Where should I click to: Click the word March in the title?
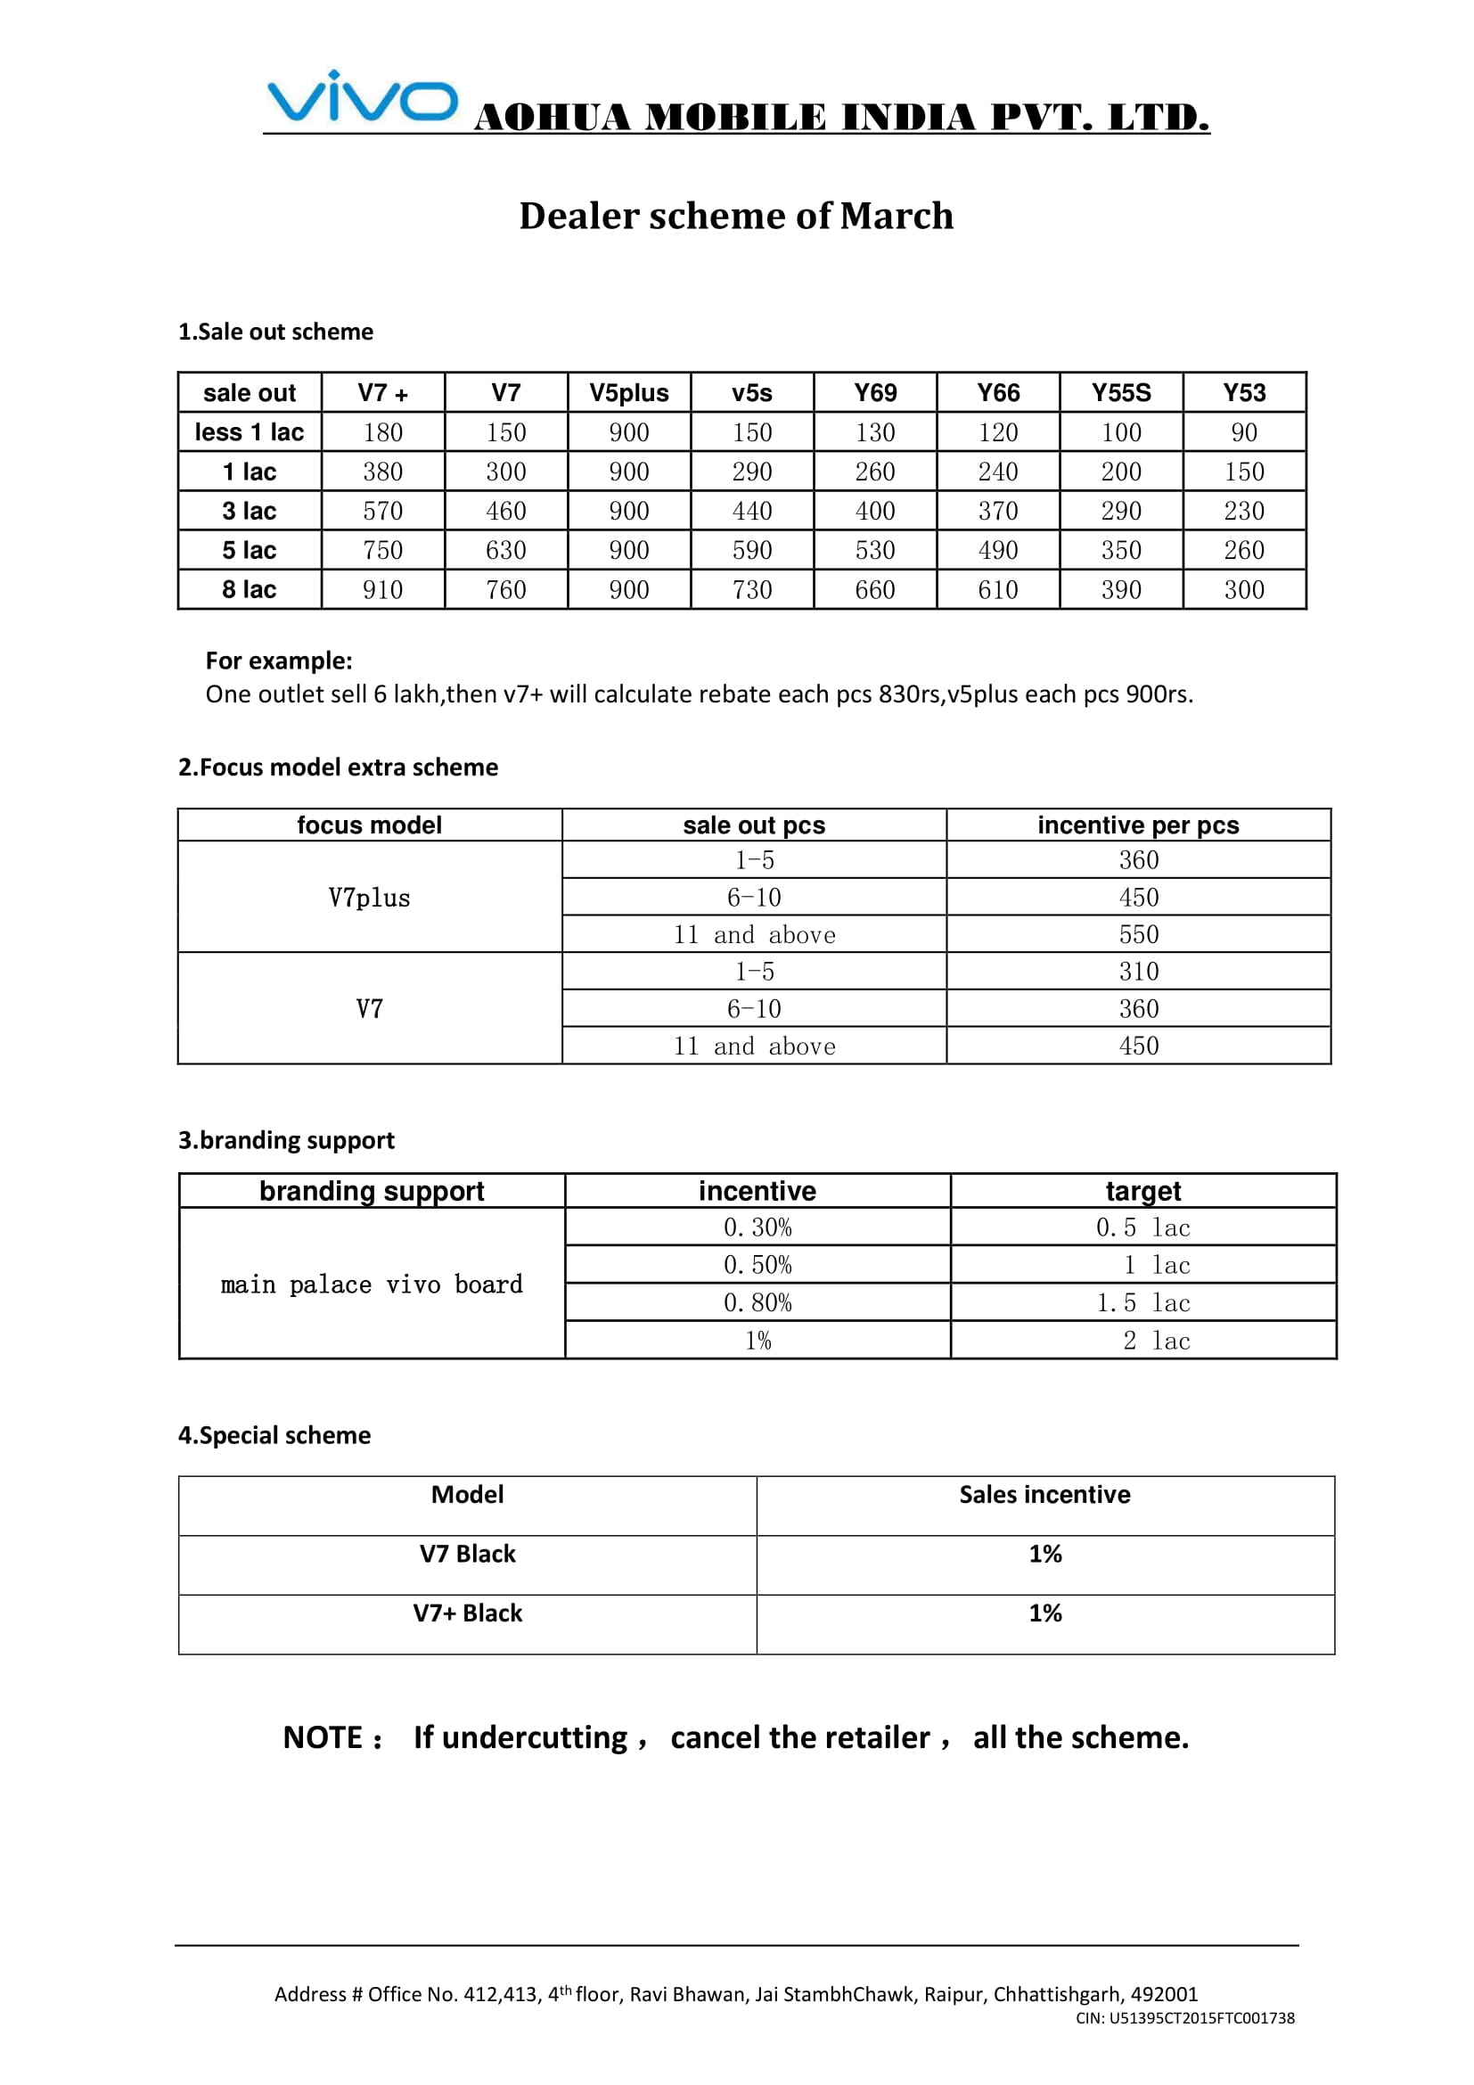896,216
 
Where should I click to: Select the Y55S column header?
1121,393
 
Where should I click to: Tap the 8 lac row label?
250,590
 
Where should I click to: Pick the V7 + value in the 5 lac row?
383,550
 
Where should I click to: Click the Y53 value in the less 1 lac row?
1243,433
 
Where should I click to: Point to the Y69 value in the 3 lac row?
875,512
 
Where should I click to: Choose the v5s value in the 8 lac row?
752,590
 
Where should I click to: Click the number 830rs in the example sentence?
911,694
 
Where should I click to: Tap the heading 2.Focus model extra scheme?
338,768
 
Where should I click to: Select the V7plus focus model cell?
370,899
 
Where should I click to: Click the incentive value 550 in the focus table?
1138,934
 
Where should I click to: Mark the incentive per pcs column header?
1138,825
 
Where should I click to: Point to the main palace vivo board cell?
372,1284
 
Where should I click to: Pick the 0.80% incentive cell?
757,1303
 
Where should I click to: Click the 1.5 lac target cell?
1142,1303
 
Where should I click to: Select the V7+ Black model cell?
468,1613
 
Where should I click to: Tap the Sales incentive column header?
1044,1495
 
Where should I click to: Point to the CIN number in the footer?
1184,2018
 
